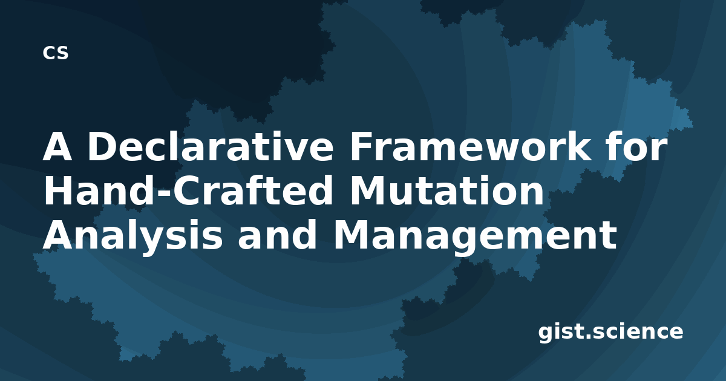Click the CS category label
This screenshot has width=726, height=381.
click(56, 53)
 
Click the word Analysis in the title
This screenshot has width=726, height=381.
click(132, 236)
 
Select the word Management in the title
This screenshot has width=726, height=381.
click(475, 236)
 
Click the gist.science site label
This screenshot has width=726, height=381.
click(610, 333)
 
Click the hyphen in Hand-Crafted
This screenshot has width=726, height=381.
click(164, 194)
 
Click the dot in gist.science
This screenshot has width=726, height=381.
click(589, 337)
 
